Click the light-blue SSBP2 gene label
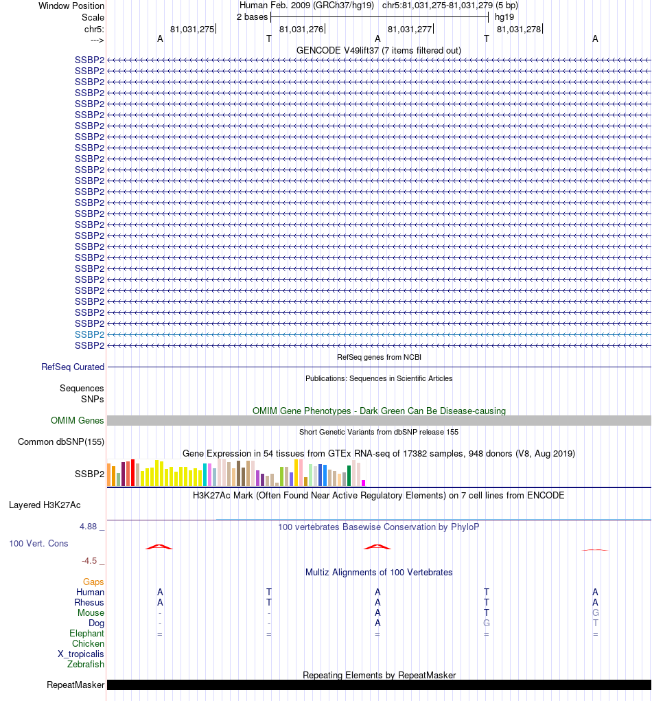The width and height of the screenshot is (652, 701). [x=89, y=334]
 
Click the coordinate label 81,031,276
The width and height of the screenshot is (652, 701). [x=301, y=29]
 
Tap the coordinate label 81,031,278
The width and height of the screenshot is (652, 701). [x=518, y=29]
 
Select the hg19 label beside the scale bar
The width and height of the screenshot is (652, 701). [x=504, y=17]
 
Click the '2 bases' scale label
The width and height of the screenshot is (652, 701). [x=252, y=17]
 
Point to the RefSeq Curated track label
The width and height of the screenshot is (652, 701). [x=73, y=367]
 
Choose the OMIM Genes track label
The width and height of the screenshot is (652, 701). [x=78, y=421]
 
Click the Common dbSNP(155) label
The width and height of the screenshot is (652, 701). [x=61, y=442]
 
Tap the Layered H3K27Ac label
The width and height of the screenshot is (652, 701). [x=45, y=505]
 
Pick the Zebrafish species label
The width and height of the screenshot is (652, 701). [x=86, y=665]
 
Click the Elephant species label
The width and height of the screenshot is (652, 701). [x=86, y=634]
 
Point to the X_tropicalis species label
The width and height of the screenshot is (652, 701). [x=81, y=654]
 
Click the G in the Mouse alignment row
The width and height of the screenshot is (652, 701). [x=595, y=613]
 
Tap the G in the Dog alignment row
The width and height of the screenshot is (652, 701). [x=486, y=623]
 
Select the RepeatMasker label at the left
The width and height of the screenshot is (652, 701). [x=75, y=685]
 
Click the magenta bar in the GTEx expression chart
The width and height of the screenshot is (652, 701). [x=364, y=483]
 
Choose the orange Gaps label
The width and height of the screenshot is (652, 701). [x=93, y=582]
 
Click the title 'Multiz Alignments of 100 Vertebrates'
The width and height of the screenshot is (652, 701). [x=379, y=573]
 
